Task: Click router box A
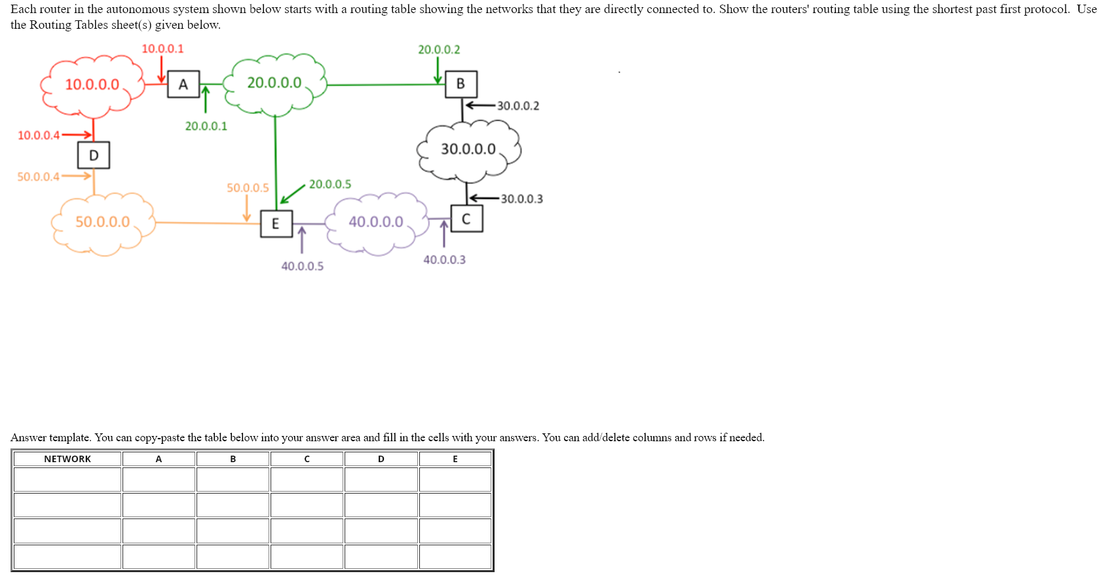(x=183, y=84)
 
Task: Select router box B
(x=461, y=84)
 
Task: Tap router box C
(x=466, y=219)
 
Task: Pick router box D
(x=94, y=155)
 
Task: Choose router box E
(x=276, y=224)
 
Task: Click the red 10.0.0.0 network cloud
(x=92, y=84)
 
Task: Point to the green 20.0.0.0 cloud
(x=274, y=83)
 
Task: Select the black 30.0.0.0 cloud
(x=468, y=149)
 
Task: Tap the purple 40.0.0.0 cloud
(x=376, y=222)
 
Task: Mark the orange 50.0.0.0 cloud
(x=103, y=222)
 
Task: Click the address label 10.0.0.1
(x=162, y=48)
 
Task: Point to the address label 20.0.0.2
(x=439, y=49)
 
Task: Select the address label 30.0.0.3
(x=521, y=199)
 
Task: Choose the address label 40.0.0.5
(x=302, y=266)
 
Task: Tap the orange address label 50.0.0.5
(x=248, y=188)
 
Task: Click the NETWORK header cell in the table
(x=67, y=459)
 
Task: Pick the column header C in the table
(x=307, y=459)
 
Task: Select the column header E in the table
(x=455, y=459)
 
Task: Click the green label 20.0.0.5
(x=330, y=184)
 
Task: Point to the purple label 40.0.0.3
(x=444, y=260)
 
